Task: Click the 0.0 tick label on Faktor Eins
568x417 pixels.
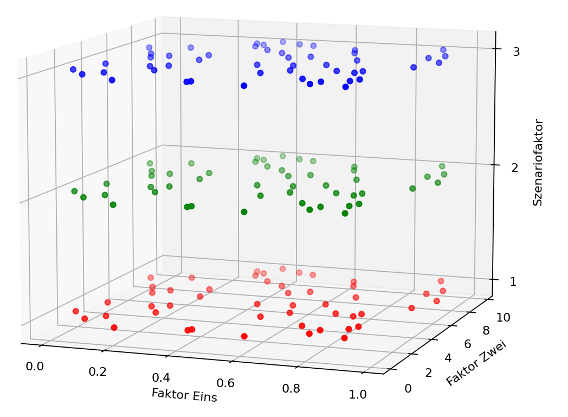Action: coord(35,367)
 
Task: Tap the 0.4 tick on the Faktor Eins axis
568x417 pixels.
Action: coord(161,378)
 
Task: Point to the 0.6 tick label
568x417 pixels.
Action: coord(225,383)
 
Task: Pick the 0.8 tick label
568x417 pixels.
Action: coord(291,389)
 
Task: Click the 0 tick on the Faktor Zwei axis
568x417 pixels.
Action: coord(408,388)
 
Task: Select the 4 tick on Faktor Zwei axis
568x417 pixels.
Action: coord(447,358)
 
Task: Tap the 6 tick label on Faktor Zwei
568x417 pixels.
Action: coord(467,344)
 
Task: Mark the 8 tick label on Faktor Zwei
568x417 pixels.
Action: coord(486,330)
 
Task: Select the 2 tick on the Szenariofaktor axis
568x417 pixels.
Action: coord(515,168)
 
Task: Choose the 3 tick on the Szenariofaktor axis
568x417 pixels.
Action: coord(517,52)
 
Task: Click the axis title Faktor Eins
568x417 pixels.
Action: coord(184,395)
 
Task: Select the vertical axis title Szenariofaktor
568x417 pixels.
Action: coord(538,163)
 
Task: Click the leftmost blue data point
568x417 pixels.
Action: coord(73,69)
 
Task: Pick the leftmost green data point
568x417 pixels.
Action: coord(74,191)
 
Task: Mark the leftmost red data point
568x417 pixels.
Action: coord(76,311)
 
